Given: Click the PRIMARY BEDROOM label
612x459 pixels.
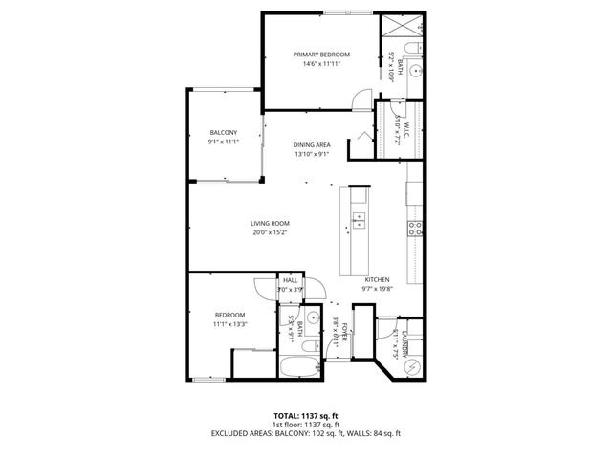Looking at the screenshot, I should pos(320,55).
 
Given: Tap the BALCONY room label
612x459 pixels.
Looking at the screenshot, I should pos(224,132).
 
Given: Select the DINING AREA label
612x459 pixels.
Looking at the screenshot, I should pos(312,144).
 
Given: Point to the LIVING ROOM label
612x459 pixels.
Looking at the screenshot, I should pos(271,223).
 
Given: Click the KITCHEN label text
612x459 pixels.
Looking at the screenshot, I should pos(376,281).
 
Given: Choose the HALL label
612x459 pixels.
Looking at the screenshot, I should pos(290,280).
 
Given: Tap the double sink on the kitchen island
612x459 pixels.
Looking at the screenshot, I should pos(360,223).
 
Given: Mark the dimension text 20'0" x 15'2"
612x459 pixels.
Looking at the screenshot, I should pos(271,232).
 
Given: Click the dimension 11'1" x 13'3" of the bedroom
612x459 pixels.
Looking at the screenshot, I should pos(229,324).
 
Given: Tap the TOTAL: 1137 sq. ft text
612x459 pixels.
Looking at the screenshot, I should pos(305,416).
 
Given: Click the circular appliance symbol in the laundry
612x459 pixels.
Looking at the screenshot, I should pos(412,366).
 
